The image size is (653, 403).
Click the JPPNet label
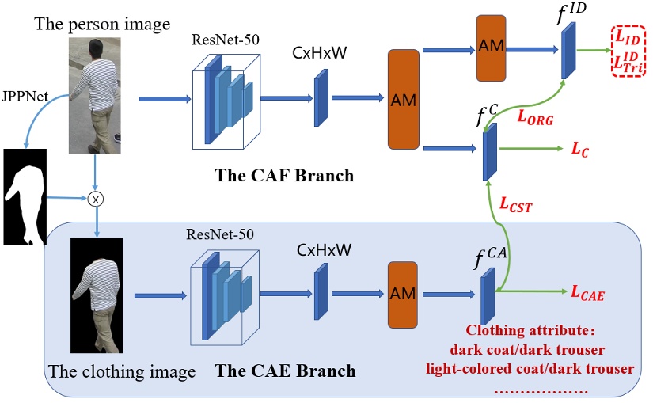pos(25,97)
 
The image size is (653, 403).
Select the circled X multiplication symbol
pos(96,200)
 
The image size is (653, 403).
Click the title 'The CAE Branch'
pos(286,371)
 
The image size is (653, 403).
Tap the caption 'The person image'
pos(102,24)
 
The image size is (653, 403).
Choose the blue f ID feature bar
pos(568,52)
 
